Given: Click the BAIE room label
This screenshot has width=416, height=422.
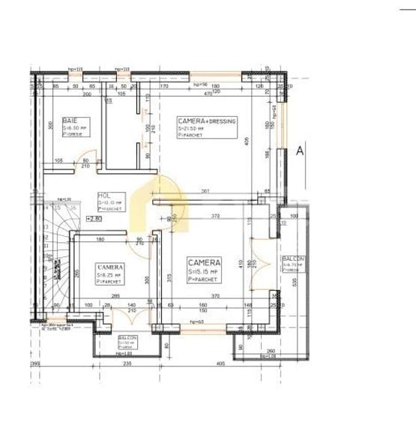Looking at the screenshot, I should point(70,120).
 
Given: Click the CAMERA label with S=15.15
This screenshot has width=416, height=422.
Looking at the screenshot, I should point(204,262).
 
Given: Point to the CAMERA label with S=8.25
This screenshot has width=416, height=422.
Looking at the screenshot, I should point(110,267).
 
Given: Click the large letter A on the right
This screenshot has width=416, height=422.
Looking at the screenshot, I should point(300,151).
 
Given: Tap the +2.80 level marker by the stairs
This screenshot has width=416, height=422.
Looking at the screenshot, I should point(94,218).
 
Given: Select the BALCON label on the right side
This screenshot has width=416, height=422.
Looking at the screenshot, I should point(292,257).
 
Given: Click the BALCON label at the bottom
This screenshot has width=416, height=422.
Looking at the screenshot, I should point(127,338).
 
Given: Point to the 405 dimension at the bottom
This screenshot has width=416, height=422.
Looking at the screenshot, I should point(220,364).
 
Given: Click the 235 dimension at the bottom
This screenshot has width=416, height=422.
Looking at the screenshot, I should point(128,364).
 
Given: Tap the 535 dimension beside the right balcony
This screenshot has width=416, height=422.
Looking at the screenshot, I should point(295,283).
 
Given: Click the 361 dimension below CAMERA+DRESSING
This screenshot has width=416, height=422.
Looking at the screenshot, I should point(205,191).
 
